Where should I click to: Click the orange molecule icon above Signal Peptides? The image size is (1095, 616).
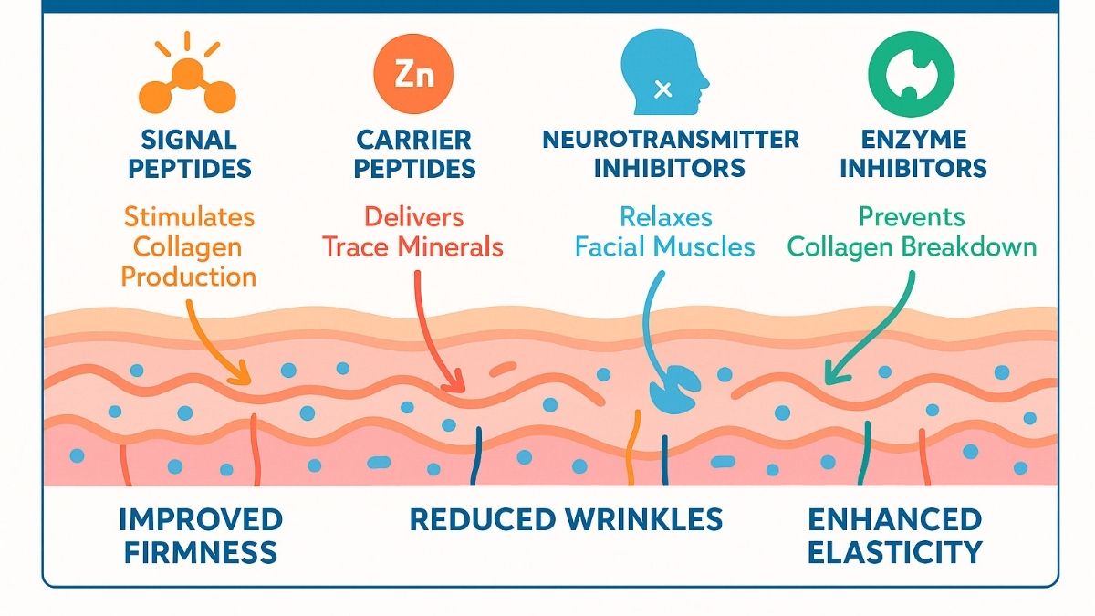[x=189, y=77]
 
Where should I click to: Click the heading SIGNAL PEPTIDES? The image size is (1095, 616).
[x=190, y=154]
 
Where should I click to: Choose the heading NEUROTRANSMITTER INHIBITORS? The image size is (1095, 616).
[x=670, y=154]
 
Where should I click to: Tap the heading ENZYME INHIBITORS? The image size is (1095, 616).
[x=912, y=154]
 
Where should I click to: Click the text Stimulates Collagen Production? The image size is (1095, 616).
[x=189, y=246]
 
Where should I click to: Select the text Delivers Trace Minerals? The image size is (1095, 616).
[x=413, y=232]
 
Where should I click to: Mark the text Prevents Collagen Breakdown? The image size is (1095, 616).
[x=912, y=232]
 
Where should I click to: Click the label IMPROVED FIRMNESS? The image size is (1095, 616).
[x=201, y=536]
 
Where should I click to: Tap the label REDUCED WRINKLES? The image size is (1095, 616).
[x=566, y=520]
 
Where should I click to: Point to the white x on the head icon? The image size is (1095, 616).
[x=663, y=89]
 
